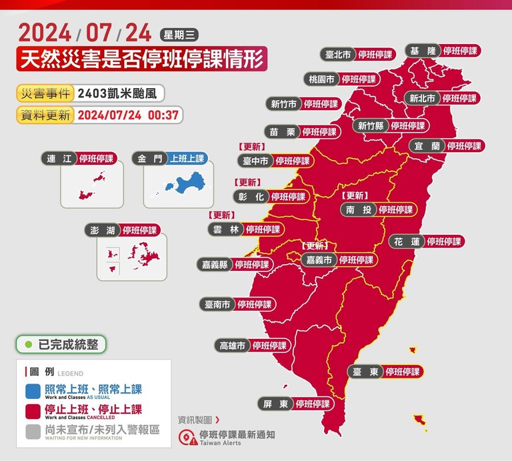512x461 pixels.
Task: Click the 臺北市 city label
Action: click(x=337, y=55)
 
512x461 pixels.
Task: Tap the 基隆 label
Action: click(x=423, y=51)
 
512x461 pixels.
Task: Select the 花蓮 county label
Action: click(x=407, y=242)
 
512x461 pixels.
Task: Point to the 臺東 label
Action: click(x=365, y=372)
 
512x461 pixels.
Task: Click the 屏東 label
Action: click(x=275, y=404)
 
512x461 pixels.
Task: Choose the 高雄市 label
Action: click(x=233, y=346)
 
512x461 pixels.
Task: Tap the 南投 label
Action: click(x=359, y=209)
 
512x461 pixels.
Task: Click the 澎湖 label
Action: click(x=104, y=231)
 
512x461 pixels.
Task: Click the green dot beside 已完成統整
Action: click(x=29, y=344)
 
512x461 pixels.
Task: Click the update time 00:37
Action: click(x=163, y=115)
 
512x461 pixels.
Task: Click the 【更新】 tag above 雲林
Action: click(x=221, y=215)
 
